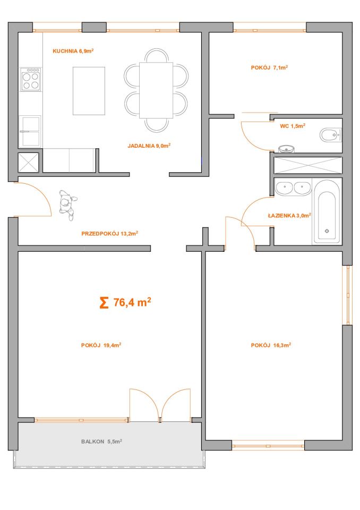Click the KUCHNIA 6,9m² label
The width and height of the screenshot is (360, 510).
tap(73, 51)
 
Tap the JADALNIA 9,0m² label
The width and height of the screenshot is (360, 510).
tap(149, 146)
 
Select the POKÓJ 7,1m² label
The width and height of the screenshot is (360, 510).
tap(269, 67)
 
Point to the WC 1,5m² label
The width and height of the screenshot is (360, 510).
tap(293, 126)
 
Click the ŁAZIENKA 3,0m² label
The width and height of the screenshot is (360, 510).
tap(289, 215)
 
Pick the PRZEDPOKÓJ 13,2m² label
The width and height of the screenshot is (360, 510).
tap(109, 233)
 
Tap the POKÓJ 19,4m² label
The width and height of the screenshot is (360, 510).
tap(101, 345)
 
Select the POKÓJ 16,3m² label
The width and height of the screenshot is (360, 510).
tap(271, 345)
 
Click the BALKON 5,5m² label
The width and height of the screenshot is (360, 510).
tap(101, 441)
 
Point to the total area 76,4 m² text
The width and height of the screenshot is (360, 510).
tap(132, 302)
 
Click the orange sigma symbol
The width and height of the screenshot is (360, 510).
tap(104, 303)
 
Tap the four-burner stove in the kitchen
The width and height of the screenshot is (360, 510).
tap(31, 79)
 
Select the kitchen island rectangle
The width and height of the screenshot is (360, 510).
tap(89, 91)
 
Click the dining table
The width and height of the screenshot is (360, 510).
tap(156, 90)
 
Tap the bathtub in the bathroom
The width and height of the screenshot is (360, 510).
tap(327, 215)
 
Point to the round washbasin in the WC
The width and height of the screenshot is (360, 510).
tap(287, 149)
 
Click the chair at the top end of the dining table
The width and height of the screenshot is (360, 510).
tap(157, 55)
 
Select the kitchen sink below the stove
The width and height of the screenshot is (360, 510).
tap(31, 131)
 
